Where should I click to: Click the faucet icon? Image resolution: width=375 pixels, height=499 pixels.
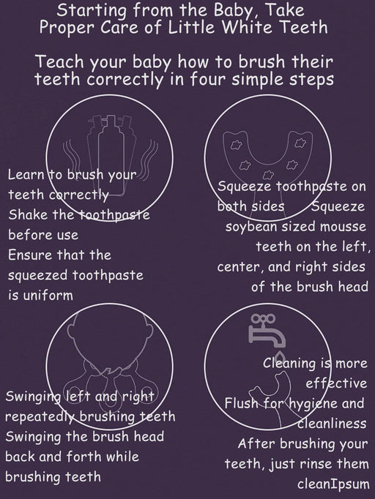click(x=267, y=331)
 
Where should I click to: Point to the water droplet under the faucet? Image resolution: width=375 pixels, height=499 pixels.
click(x=280, y=355)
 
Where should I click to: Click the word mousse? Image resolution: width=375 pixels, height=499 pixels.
click(x=343, y=228)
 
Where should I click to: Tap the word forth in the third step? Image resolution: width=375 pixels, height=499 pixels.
click(x=83, y=457)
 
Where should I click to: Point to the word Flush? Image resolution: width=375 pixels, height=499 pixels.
click(x=240, y=404)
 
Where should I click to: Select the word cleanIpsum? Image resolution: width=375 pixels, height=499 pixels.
click(x=333, y=484)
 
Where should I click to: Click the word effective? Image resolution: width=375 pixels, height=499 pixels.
click(x=336, y=383)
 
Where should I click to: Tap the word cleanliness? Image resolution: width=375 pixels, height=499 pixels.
click(x=332, y=424)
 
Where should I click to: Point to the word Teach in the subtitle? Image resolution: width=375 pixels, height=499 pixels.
click(x=60, y=61)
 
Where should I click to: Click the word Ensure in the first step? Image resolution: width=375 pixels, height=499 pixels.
click(x=30, y=255)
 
